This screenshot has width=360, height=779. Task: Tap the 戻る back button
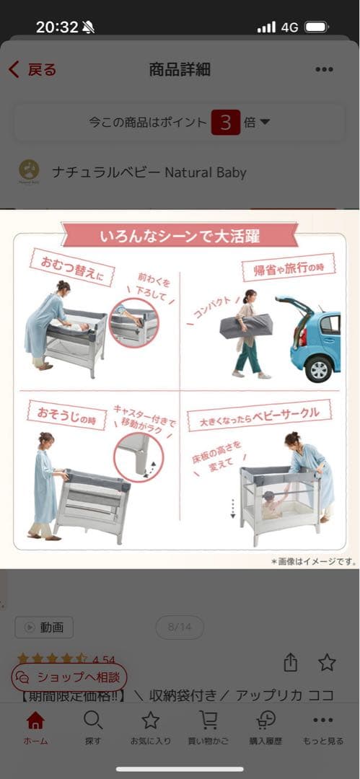click(x=32, y=70)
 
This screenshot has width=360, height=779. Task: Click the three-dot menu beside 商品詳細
click(x=324, y=70)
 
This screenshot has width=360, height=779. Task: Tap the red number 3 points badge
click(x=225, y=123)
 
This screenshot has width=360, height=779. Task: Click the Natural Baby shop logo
click(x=29, y=172)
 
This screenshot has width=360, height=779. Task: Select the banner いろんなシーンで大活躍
click(x=180, y=236)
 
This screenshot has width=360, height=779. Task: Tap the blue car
click(x=315, y=343)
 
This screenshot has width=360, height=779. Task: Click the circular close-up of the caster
click(x=139, y=456)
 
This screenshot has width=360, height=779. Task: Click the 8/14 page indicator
click(x=179, y=628)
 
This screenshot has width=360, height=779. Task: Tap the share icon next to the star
click(x=291, y=662)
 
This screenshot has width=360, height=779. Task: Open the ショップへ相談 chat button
click(x=69, y=677)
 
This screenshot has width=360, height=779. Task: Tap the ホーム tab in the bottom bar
click(x=35, y=727)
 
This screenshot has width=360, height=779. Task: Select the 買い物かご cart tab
click(x=208, y=727)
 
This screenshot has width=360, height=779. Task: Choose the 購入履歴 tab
click(x=265, y=727)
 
